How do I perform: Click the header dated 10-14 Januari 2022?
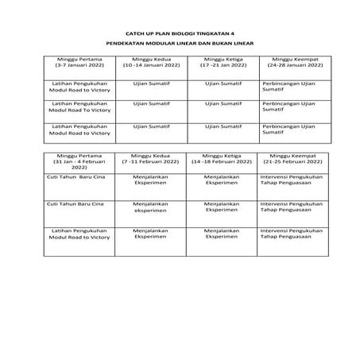[149, 62]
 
